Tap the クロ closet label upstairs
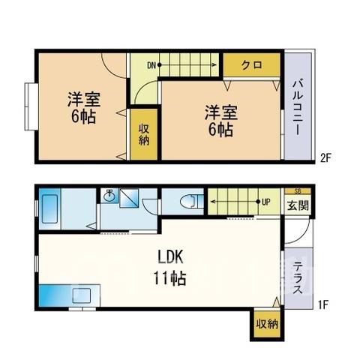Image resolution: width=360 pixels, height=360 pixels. click(x=251, y=65)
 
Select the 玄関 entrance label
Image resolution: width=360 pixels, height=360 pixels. click(x=298, y=205)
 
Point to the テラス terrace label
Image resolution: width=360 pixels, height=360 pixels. click(x=298, y=277)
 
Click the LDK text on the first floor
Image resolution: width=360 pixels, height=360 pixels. click(x=171, y=256)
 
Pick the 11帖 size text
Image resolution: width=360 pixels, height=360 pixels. click(x=169, y=278)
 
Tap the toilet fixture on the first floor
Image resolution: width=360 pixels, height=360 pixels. click(x=192, y=202)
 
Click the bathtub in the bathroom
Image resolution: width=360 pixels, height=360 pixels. click(x=49, y=209)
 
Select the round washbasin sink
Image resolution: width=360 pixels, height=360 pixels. click(x=109, y=196)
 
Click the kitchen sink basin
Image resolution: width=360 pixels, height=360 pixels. click(x=82, y=295)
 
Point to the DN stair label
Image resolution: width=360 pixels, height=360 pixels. click(x=151, y=65)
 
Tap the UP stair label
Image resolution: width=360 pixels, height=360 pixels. click(x=266, y=202)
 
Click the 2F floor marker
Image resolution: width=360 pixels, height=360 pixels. click(x=325, y=158)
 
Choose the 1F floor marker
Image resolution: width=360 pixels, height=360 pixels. click(x=322, y=304)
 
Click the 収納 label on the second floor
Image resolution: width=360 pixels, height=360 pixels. click(x=144, y=135)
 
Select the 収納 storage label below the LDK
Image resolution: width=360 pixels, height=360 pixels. click(x=267, y=325)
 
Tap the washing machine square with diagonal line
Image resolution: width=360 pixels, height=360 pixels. click(x=129, y=198)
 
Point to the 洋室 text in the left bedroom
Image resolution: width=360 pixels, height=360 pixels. click(x=84, y=100)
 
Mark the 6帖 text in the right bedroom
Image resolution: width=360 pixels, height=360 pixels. click(x=221, y=130)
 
